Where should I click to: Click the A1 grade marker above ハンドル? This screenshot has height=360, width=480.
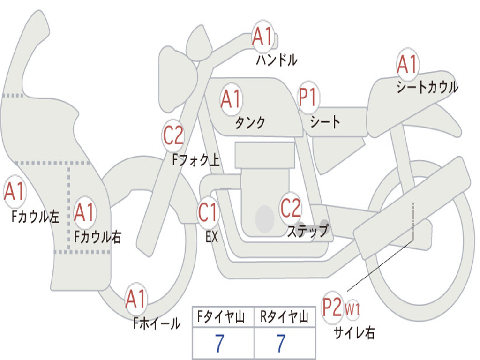pos(262,37)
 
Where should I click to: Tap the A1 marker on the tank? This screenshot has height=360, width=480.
pos(231,99)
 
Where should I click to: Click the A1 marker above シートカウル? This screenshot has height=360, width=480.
pos(407,64)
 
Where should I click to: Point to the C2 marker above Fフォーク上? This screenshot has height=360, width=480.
pos(173,135)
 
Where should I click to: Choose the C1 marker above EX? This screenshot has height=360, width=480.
pos(208,212)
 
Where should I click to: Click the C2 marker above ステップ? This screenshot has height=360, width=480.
pos(291,208)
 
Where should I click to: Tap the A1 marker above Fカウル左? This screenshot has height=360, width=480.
pos(15,191)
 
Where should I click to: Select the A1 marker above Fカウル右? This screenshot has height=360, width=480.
pos(84,212)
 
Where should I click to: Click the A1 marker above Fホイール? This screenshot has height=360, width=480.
pos(135,299)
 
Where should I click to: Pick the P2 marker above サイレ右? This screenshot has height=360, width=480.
pos(332,307)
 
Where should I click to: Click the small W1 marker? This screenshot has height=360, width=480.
pos(352,309)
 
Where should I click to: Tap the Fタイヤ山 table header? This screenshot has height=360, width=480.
pos(221,316)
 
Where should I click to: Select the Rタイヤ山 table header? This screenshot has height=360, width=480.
pos(285,316)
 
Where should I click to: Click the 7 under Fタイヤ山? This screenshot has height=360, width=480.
pos(219,343)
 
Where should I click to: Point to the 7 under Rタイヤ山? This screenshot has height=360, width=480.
pos(281,343)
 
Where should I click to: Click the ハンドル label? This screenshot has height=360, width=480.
pos(277,60)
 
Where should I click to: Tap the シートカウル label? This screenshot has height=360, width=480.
pos(427,87)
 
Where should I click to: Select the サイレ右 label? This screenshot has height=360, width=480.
pos(354,332)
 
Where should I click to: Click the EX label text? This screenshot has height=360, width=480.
pos(212,237)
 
